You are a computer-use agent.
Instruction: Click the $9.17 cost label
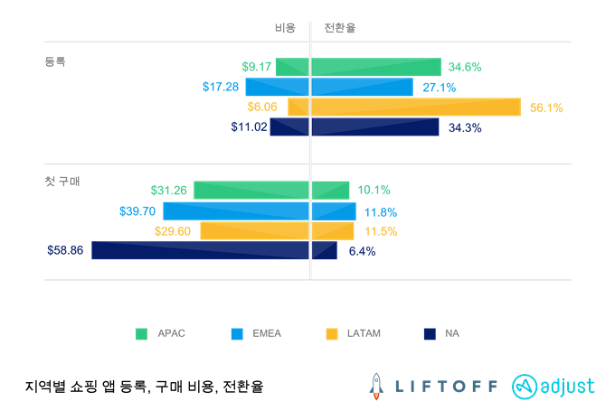(257, 67)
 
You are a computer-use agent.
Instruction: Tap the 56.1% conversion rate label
(546, 107)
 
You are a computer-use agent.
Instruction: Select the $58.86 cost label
(65, 250)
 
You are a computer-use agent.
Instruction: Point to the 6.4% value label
(362, 251)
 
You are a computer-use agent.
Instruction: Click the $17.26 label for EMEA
(222, 87)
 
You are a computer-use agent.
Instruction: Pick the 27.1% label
(439, 88)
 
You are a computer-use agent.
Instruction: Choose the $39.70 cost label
(137, 210)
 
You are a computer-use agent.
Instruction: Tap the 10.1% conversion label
(374, 190)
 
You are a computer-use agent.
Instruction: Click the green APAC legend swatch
(141, 334)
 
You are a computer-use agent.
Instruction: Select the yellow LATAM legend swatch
(331, 334)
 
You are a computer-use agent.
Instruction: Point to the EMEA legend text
(268, 333)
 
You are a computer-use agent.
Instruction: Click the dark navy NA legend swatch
(429, 334)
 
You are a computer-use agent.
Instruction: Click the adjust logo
(553, 386)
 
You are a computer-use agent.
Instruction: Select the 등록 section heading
(55, 62)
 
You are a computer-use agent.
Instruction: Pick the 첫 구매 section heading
(62, 182)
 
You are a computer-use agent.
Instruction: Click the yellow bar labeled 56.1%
(416, 107)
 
